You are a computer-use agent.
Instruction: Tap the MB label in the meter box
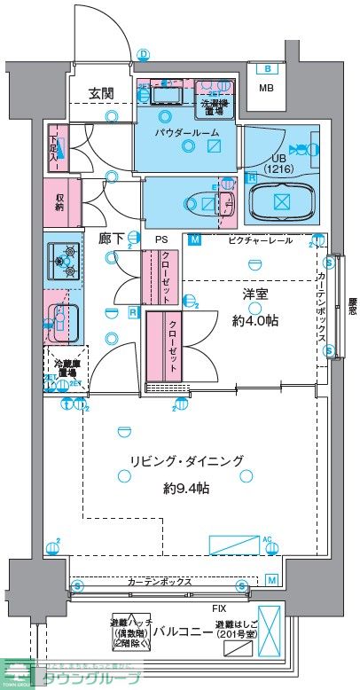click(266, 88)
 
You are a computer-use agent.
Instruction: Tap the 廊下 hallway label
click(110, 239)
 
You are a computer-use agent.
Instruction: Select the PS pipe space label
click(161, 239)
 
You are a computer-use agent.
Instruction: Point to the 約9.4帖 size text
click(185, 487)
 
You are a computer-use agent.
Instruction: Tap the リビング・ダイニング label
click(185, 460)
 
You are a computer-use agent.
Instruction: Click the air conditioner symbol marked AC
click(235, 544)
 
